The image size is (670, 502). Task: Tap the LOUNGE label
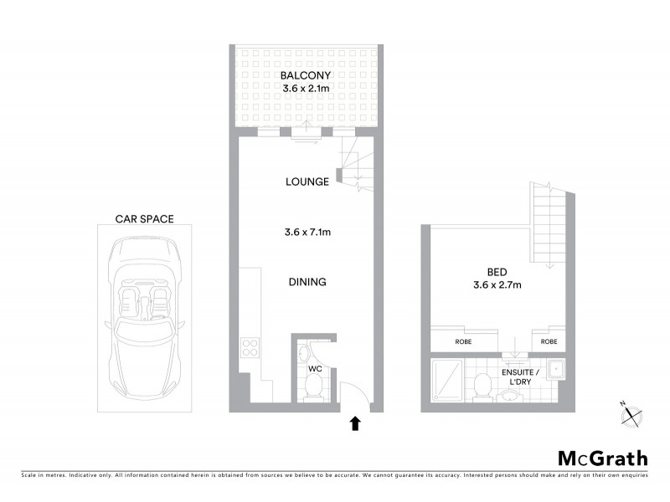pos(306,182)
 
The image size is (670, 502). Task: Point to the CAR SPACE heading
pos(144,219)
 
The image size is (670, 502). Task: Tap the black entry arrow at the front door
pos(355,423)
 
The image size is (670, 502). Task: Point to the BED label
pos(496,272)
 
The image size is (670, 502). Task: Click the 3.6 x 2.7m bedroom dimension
pos(496,285)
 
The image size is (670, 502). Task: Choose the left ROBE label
pos(463,342)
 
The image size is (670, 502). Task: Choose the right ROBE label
pos(549,342)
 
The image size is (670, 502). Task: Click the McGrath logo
pos(602,458)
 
